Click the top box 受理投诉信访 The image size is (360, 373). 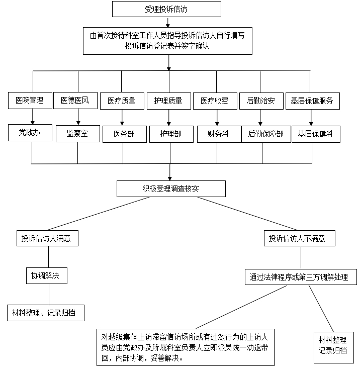click(x=166, y=9)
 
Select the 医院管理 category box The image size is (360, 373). click(x=30, y=101)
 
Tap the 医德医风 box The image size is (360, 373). click(x=75, y=101)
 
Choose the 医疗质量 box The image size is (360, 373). click(x=121, y=101)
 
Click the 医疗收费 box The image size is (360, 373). click(x=215, y=101)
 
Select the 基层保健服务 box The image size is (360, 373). click(x=312, y=101)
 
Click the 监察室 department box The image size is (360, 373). click(x=77, y=134)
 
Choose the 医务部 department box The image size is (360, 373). click(x=124, y=134)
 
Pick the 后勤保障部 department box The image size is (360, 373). click(x=266, y=134)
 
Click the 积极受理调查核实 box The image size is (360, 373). click(x=171, y=189)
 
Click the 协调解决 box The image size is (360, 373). click(x=46, y=276)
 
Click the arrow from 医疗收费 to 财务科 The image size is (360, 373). click(x=217, y=117)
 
